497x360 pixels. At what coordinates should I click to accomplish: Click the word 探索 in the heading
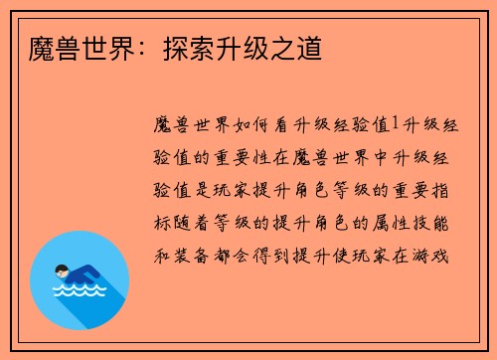click(188, 46)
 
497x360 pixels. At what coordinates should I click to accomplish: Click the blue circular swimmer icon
click(80, 280)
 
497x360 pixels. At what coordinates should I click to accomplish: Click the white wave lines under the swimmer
click(80, 293)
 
